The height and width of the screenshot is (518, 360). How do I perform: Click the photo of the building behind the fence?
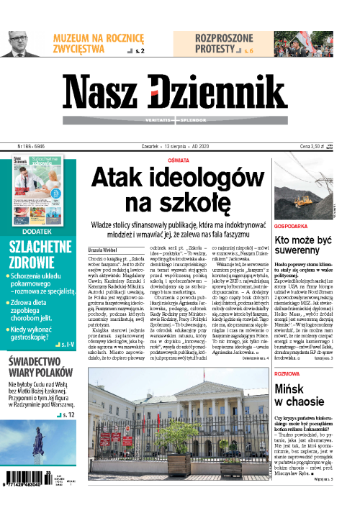click(179, 426)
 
